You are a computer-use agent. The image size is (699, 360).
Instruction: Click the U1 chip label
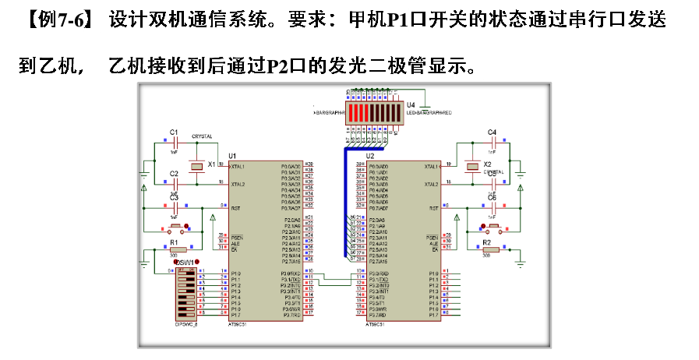pos(232,157)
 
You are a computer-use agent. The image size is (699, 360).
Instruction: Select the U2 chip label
pos(370,157)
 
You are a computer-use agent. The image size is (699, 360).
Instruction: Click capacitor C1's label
pos(174,132)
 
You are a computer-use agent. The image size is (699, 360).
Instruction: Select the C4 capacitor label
pos(492,132)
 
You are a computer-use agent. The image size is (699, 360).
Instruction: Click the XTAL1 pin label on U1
pos(237,167)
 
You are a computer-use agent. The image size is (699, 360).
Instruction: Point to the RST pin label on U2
pos(433,208)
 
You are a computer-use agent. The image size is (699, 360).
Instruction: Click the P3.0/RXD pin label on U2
pos(379,274)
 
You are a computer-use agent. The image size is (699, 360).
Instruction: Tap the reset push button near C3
pos(178,228)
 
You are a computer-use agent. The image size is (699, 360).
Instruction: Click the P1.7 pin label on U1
pos(236,315)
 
